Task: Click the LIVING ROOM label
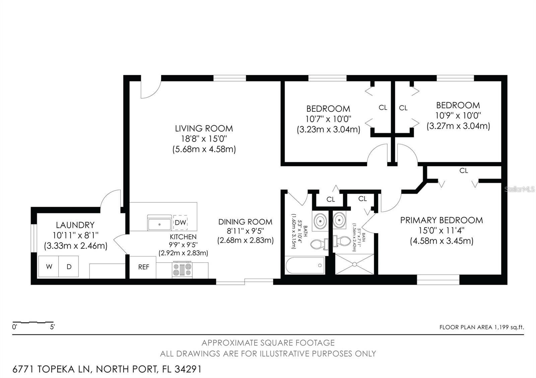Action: (204, 128)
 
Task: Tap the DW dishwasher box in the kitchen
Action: (180, 223)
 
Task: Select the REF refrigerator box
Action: (143, 267)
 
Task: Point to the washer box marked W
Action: (49, 267)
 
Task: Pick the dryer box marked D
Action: (69, 267)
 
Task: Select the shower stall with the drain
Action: (355, 264)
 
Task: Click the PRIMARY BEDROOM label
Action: (442, 220)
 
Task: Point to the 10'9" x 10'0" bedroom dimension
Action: (458, 115)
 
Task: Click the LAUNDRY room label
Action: (75, 225)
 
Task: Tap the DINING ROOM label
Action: (245, 221)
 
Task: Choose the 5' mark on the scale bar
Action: (53, 327)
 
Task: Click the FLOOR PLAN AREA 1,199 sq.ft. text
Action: (481, 327)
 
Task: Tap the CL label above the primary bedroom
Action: (463, 171)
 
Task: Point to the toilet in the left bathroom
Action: (318, 244)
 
